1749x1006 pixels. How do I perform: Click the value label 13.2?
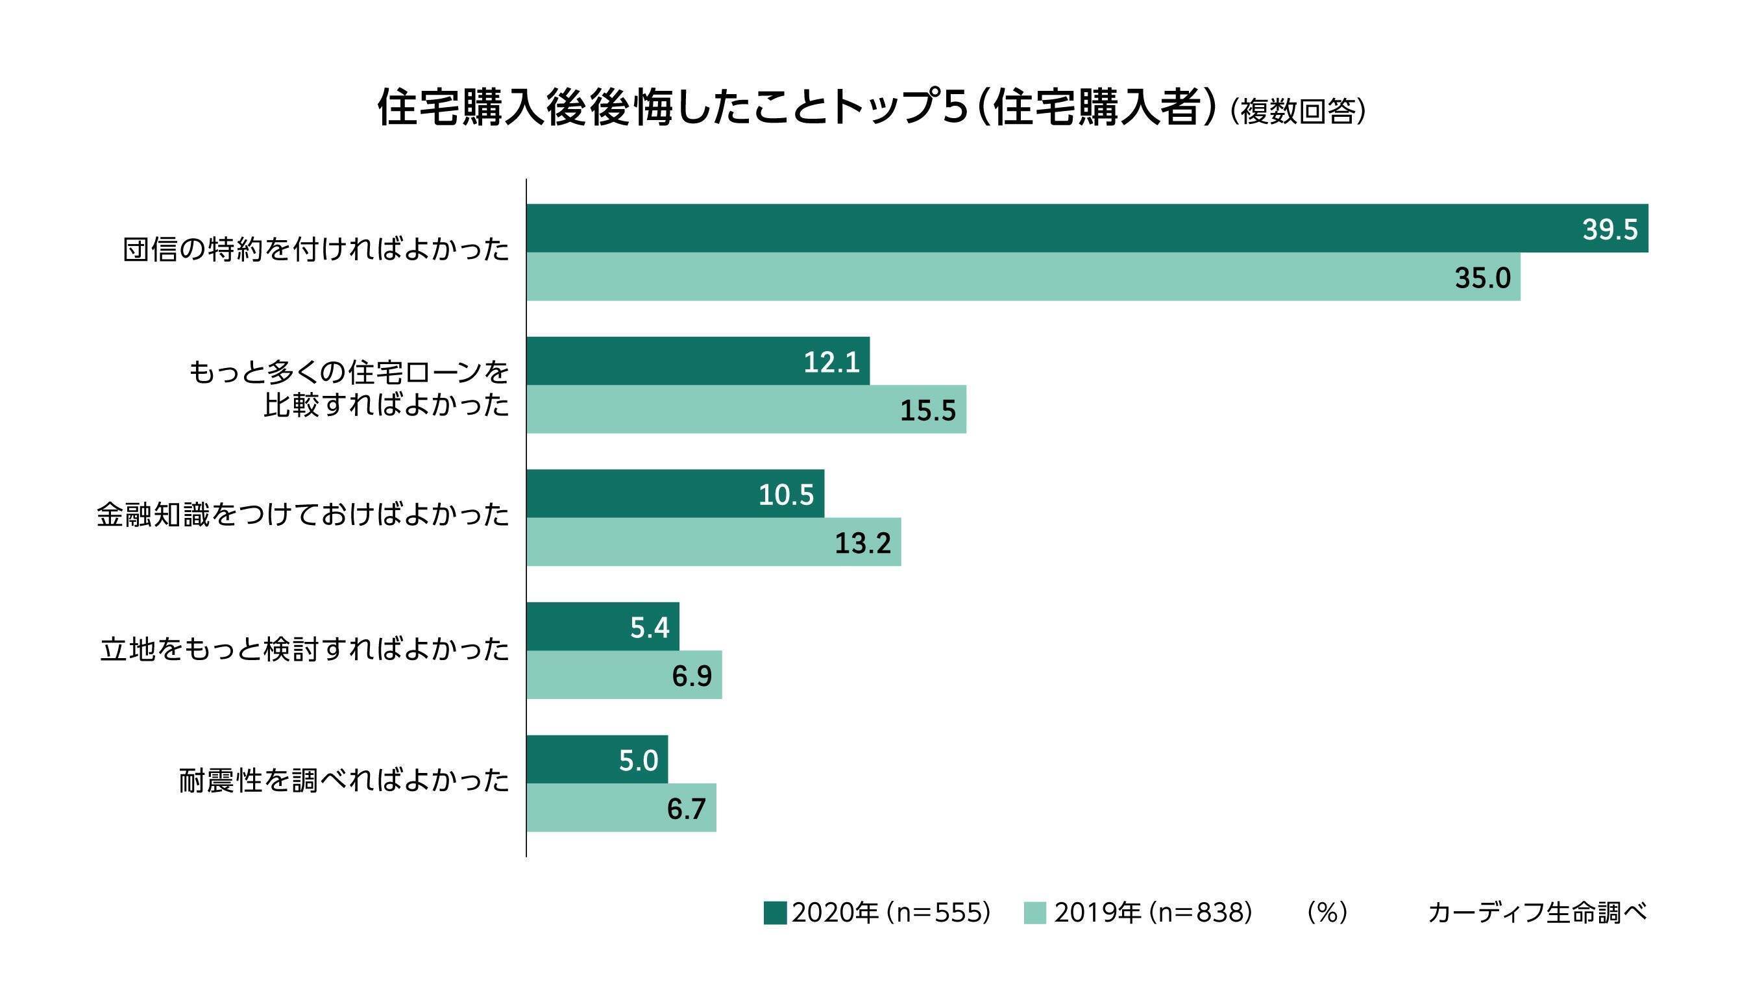tap(862, 543)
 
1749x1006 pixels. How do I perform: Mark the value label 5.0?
tap(638, 760)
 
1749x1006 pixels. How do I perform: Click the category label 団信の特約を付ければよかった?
tap(315, 250)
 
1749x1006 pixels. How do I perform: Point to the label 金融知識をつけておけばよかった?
tap(302, 515)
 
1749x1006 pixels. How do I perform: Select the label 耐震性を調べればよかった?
tap(343, 781)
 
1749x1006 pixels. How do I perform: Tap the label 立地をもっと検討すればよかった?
tap(304, 650)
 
